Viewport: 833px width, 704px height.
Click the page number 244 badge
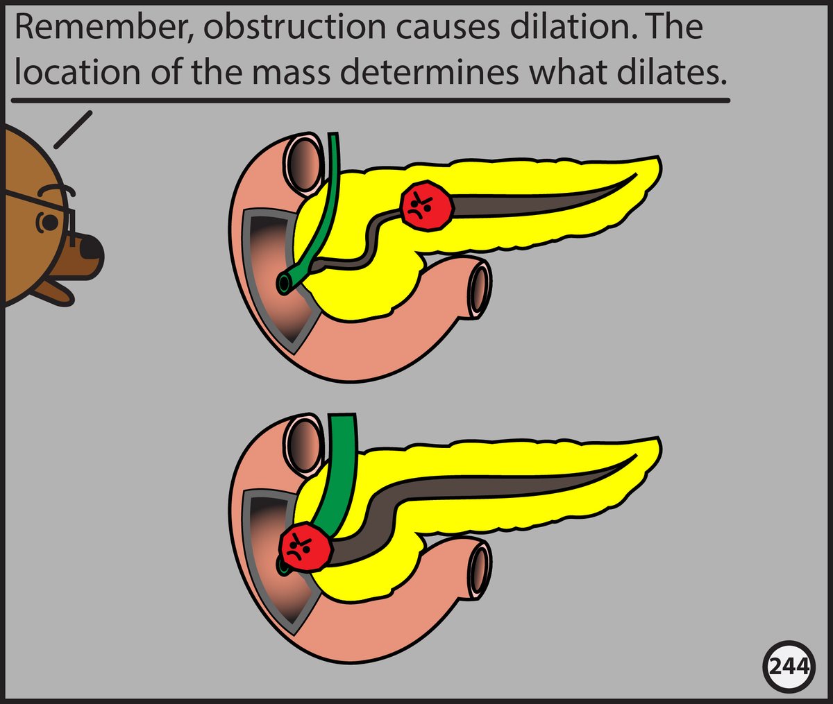789,667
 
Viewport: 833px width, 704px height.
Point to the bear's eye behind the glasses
50,223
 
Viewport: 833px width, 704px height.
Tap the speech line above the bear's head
72,130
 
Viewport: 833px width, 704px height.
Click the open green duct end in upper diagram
285,282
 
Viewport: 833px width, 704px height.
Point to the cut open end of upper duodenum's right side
480,287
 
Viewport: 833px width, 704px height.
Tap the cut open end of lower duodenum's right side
480,569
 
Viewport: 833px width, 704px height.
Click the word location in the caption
67,72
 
